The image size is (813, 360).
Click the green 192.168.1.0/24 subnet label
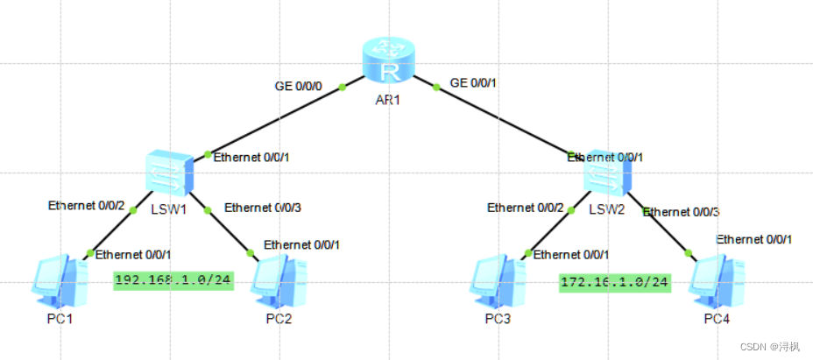(x=173, y=281)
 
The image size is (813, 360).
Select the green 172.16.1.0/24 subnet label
(x=615, y=282)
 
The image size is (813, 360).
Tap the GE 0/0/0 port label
(x=300, y=86)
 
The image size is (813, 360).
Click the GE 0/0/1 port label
(x=473, y=83)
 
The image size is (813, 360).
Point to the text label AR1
(x=387, y=100)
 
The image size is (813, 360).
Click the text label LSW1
(x=166, y=210)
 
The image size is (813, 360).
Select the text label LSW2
(x=605, y=209)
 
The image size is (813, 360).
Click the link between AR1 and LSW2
(x=504, y=121)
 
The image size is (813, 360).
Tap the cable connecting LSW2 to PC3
(x=549, y=231)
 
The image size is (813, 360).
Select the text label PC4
(x=717, y=317)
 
